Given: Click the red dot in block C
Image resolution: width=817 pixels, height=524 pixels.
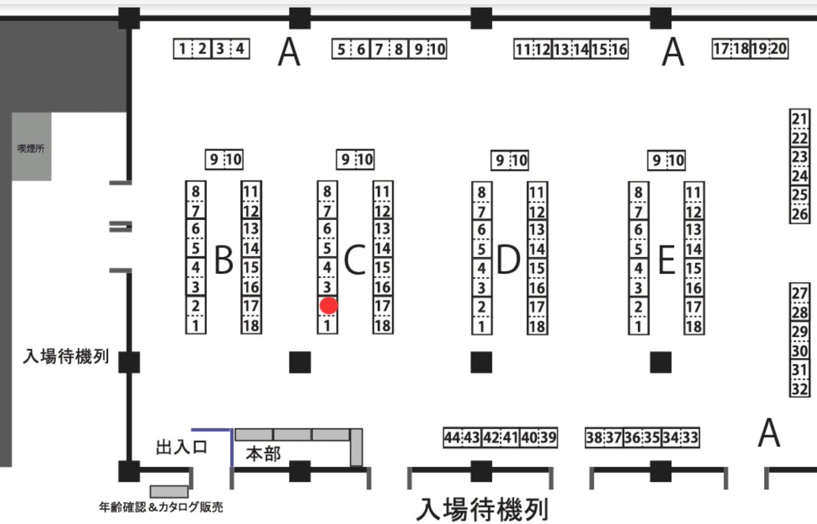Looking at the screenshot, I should [x=329, y=306].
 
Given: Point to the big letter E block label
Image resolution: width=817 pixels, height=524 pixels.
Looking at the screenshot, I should [x=667, y=260].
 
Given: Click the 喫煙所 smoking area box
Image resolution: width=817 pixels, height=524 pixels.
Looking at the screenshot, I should [x=31, y=147].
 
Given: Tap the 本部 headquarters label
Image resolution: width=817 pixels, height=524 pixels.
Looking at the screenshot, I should [x=263, y=454].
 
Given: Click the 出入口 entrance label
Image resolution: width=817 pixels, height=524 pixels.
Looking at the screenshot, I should [x=181, y=448].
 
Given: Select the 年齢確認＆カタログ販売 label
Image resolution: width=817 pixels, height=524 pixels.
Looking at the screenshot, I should [x=161, y=507].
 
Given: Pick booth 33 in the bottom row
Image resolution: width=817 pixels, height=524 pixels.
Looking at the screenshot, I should [x=690, y=437].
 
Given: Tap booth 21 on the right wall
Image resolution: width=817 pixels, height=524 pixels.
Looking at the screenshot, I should [x=800, y=117].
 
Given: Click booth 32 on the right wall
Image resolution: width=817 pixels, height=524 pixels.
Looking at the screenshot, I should [x=800, y=390].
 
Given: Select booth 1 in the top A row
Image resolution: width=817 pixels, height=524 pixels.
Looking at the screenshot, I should [x=182, y=49].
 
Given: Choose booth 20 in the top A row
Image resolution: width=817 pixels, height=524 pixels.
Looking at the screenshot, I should [x=779, y=49].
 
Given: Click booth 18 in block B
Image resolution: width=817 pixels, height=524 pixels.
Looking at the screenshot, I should [x=251, y=326].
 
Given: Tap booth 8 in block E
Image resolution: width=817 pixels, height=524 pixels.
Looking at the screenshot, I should [x=638, y=192].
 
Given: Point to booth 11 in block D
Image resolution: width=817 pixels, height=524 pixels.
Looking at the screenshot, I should [x=537, y=192].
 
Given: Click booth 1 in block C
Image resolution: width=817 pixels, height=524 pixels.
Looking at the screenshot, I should [x=327, y=326].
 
